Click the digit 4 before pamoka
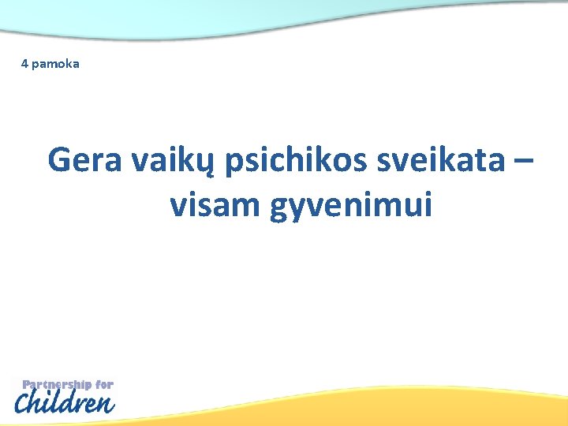[x=24, y=63]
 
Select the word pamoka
[x=55, y=63]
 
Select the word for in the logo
[x=104, y=385]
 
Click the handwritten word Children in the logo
[x=65, y=403]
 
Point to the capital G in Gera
[x=60, y=161]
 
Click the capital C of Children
[x=25, y=404]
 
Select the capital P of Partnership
[x=27, y=385]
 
